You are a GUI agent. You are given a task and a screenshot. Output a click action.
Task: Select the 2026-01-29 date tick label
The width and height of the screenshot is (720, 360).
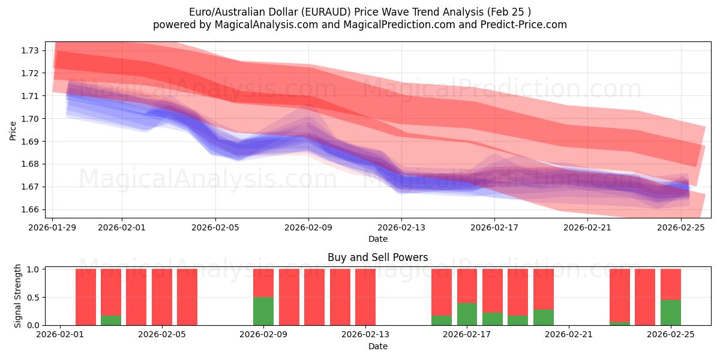click(x=53, y=227)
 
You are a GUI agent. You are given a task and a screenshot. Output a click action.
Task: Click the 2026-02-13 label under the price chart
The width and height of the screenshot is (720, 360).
click(x=401, y=227)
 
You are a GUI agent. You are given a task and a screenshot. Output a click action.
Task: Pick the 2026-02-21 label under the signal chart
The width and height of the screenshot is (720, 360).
click(x=568, y=335)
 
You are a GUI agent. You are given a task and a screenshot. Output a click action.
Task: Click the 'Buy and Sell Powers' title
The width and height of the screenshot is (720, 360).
click(x=377, y=257)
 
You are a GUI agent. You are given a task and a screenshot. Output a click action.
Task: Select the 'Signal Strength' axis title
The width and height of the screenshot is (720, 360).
click(x=18, y=296)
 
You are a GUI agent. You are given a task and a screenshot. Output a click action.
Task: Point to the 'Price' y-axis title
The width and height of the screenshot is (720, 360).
click(x=13, y=130)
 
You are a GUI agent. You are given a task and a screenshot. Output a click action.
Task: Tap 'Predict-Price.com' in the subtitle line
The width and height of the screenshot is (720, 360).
click(x=519, y=25)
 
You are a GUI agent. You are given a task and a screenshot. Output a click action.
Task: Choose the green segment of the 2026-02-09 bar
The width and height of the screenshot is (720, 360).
click(x=263, y=311)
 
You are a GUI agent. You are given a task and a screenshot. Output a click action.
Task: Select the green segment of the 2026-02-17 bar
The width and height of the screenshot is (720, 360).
click(x=467, y=314)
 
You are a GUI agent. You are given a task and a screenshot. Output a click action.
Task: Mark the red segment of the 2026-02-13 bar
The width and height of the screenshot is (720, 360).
click(x=365, y=297)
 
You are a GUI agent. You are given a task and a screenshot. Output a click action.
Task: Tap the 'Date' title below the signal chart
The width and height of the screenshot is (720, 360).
click(x=377, y=346)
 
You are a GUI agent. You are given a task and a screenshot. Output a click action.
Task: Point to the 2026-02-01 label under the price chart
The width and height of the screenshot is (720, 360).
click(x=122, y=227)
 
